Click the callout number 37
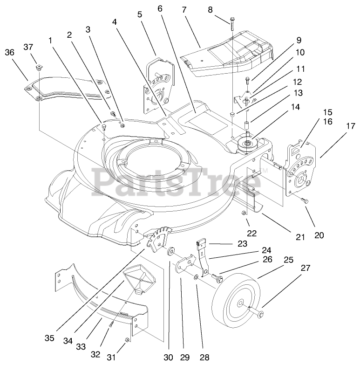coord(28,47)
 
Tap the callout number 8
coord(210,10)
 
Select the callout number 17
coord(351,126)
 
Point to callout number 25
coord(288,260)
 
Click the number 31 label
coord(111,357)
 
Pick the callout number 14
coord(295,107)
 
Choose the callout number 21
coord(300,237)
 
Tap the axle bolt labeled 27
coord(256,312)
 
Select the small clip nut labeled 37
coord(38,69)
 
